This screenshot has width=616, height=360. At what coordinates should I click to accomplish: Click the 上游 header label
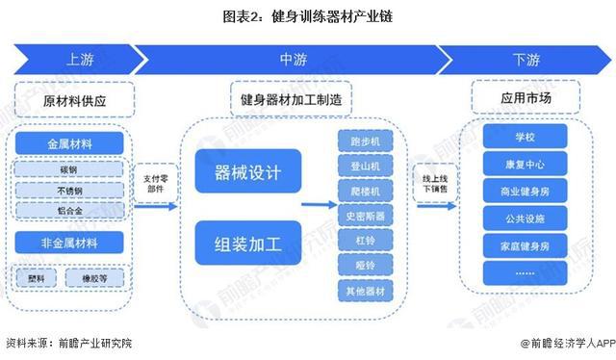(x=79, y=61)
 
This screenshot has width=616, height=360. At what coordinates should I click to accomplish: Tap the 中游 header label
(x=294, y=61)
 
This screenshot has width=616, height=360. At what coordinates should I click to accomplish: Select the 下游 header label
(x=526, y=61)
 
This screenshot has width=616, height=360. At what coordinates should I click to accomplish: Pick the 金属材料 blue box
(x=71, y=143)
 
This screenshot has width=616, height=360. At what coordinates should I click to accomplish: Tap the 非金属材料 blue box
(x=71, y=243)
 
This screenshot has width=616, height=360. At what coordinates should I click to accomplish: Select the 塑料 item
(x=37, y=278)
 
